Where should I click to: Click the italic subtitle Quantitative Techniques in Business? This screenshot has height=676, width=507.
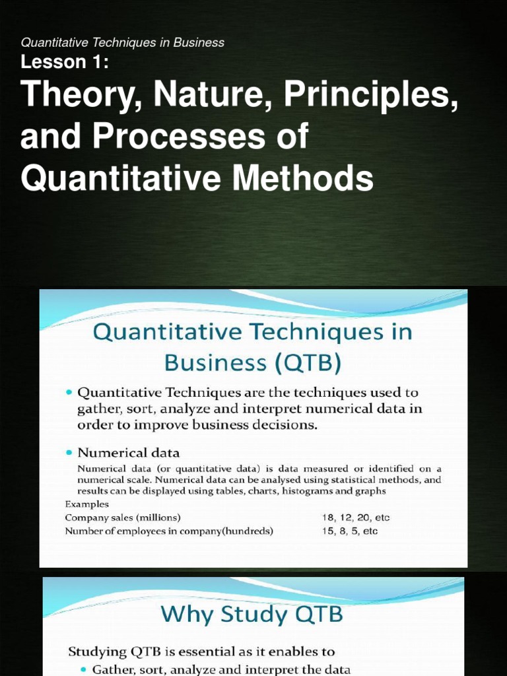(123, 43)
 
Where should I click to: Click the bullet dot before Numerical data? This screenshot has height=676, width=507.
(69, 453)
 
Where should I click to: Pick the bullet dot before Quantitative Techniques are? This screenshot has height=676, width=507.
(69, 392)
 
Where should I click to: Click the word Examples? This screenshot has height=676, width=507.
(86, 504)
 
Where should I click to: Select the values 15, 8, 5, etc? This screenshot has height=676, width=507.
(350, 531)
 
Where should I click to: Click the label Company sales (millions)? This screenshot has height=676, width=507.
(123, 518)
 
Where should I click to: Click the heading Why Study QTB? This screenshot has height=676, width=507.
(253, 614)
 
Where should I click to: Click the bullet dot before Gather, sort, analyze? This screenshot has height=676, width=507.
(83, 669)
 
